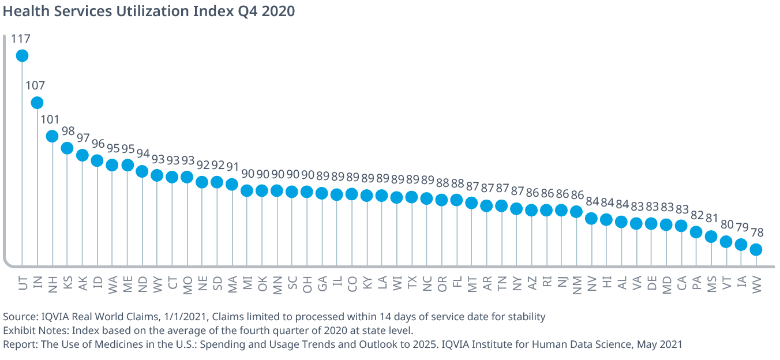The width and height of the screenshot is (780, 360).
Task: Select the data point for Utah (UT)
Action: (22, 55)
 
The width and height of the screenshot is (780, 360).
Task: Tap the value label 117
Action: (20, 39)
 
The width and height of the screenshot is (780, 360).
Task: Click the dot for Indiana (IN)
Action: (37, 103)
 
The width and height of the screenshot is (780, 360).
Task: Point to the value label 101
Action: (50, 119)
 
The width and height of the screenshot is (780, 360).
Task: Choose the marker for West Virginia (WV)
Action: (756, 250)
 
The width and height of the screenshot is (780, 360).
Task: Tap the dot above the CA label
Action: (681, 226)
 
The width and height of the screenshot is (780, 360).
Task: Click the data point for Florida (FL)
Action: (456, 200)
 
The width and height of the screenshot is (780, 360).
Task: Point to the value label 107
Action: (35, 85)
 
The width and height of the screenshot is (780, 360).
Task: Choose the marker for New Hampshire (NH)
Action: (52, 136)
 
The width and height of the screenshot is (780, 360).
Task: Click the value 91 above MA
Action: (232, 167)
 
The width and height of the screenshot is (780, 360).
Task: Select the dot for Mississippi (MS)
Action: (711, 237)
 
